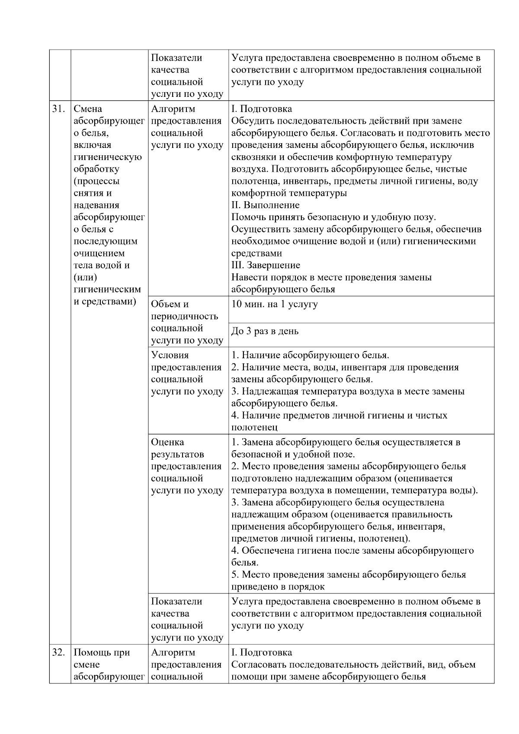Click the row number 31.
58,109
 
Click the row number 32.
58,652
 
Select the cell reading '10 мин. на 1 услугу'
274,304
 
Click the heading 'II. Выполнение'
265,205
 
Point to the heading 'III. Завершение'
266,265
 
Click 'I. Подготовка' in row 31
261,109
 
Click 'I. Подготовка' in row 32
261,652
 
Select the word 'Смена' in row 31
88,109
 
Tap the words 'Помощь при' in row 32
102,652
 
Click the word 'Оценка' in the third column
167,442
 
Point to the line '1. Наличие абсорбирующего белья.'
310,355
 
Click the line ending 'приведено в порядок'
278,587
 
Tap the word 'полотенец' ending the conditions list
254,427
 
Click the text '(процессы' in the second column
96,181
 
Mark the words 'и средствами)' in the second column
105,301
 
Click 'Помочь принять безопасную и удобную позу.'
333,217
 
